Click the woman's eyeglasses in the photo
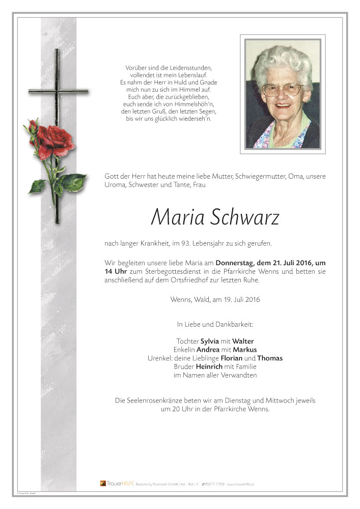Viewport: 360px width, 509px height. [281, 89]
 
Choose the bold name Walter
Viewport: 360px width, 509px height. [243, 341]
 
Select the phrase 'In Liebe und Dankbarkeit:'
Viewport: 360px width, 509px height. [215, 324]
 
